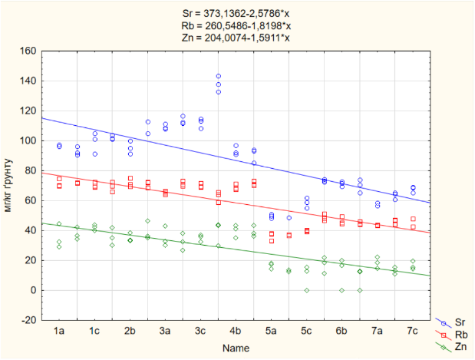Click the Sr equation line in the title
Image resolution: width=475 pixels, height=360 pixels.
click(x=238, y=14)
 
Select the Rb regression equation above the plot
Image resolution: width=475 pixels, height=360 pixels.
click(x=238, y=25)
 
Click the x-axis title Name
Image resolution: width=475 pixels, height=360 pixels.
click(x=236, y=348)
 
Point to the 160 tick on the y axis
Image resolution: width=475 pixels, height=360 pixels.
click(x=28, y=51)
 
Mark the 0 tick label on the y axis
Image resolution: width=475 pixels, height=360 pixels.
click(x=33, y=290)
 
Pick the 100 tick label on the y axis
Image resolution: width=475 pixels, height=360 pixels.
click(x=28, y=141)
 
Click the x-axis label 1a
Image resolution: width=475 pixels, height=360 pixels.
click(x=59, y=330)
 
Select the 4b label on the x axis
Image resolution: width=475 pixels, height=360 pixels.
click(x=236, y=330)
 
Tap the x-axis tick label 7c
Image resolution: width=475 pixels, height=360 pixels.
click(x=413, y=330)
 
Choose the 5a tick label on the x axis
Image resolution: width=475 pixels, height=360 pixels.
click(x=272, y=330)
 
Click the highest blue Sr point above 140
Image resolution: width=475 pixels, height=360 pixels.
click(x=219, y=76)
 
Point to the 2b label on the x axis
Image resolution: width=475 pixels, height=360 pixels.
click(x=130, y=330)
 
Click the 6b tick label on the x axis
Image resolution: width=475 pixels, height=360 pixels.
click(x=342, y=330)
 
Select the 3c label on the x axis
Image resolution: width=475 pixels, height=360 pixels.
click(x=200, y=330)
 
